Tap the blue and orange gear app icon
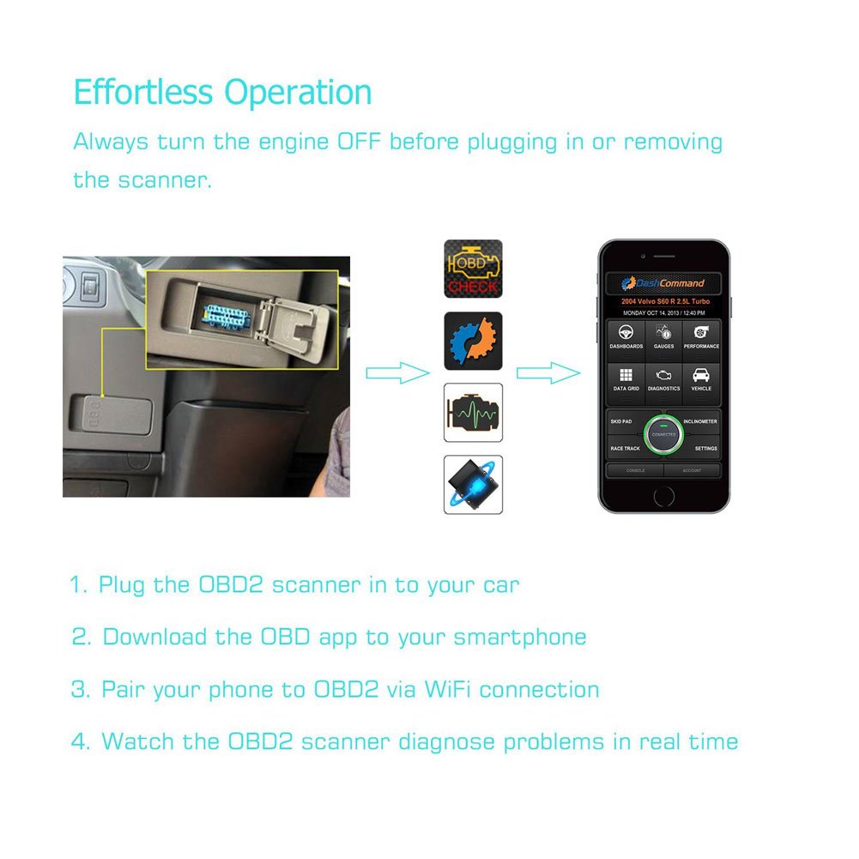[x=473, y=341]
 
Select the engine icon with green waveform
[x=473, y=413]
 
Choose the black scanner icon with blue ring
[x=473, y=484]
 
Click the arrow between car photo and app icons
[x=396, y=372]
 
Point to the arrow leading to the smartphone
[x=547, y=372]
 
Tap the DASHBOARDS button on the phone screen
[x=626, y=336]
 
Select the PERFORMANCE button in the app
[x=701, y=336]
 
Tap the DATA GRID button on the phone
[x=626, y=378]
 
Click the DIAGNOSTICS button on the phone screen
[x=663, y=378]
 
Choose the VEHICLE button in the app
[x=701, y=378]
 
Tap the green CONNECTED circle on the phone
[x=663, y=435]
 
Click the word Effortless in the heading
[x=142, y=92]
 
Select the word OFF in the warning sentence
[x=359, y=142]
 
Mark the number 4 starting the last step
[x=80, y=741]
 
